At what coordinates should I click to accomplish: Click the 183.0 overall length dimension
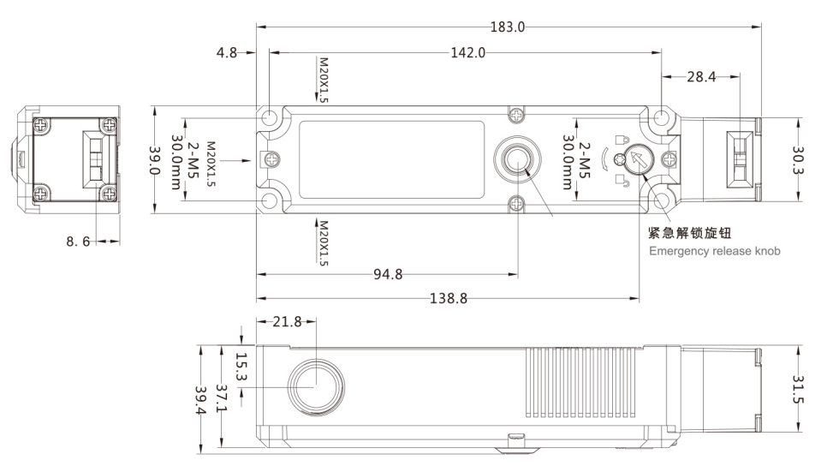508,27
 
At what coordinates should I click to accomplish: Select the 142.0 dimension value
468,52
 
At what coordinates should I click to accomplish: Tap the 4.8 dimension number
227,52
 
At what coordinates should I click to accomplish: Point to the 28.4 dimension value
701,77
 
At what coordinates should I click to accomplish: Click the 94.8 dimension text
388,274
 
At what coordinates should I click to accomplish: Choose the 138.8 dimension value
449,298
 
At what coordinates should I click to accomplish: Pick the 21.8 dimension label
287,321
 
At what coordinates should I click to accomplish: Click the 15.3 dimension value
241,367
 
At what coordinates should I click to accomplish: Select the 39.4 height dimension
201,400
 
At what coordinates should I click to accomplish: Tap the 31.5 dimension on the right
799,389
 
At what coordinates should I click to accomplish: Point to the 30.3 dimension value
799,160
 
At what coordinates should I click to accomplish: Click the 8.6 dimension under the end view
78,242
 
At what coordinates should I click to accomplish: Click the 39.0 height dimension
155,160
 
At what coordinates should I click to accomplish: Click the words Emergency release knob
715,251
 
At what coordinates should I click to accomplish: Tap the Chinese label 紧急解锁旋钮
689,233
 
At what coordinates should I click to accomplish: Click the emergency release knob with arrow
639,159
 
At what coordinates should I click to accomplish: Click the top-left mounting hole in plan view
270,117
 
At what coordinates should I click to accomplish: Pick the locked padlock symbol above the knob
622,140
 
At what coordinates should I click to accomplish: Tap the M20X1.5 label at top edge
323,80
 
